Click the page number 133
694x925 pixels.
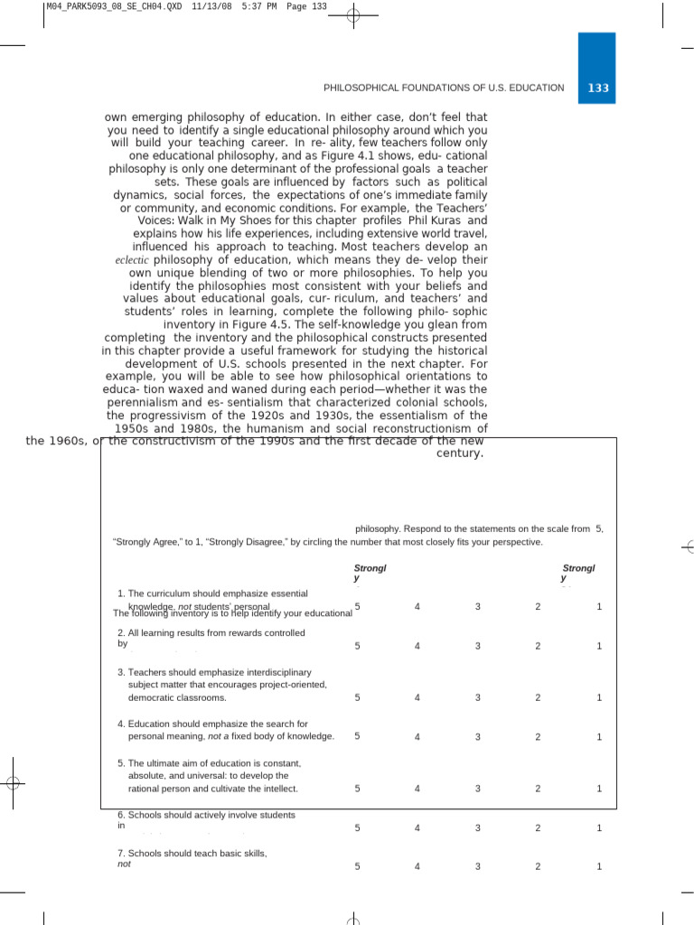pyautogui.click(x=598, y=89)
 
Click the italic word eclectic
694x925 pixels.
pyautogui.click(x=136, y=260)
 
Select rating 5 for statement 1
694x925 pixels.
pyautogui.click(x=357, y=606)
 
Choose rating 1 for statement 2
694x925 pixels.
pyautogui.click(x=598, y=646)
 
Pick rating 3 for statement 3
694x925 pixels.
pyautogui.click(x=477, y=697)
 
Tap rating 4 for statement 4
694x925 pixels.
pyautogui.click(x=417, y=736)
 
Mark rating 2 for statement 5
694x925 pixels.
pyautogui.click(x=538, y=789)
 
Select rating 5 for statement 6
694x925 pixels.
pyautogui.click(x=357, y=827)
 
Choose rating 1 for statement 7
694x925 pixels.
pyautogui.click(x=598, y=866)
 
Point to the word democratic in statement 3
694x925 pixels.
pyautogui.click(x=151, y=698)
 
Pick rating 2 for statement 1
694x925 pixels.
pyautogui.click(x=538, y=606)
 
